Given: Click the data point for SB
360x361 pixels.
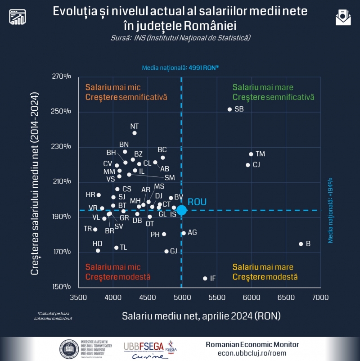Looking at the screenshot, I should tap(229, 109).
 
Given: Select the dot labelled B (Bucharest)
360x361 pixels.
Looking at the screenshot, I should tap(301, 244).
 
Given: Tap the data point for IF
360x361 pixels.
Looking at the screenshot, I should tap(205, 279).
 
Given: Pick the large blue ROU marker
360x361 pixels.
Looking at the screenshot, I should tap(181, 210).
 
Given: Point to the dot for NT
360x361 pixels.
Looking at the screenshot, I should tap(135, 133).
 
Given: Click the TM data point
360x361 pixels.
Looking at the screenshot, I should tap(251, 154).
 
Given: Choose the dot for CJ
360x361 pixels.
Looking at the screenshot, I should tap(248, 165).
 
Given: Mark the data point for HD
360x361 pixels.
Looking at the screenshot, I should tap(98, 251).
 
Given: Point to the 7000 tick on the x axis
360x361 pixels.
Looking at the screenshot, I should tap(320, 298).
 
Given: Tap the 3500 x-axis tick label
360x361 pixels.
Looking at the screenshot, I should tap(79, 298).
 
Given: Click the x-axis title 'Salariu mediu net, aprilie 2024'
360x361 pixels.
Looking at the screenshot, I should tap(201, 316).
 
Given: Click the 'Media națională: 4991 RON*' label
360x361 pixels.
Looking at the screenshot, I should tap(180, 68).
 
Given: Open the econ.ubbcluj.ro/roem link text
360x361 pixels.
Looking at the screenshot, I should tap(252, 353).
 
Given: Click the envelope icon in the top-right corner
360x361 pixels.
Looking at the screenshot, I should tap(343, 17).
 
